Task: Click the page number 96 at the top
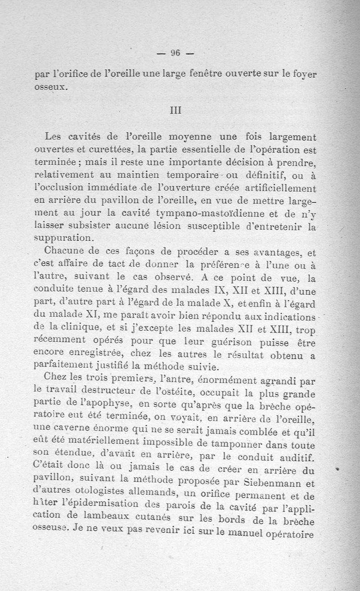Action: [x=175, y=53]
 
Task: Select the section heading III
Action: [x=175, y=110]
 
